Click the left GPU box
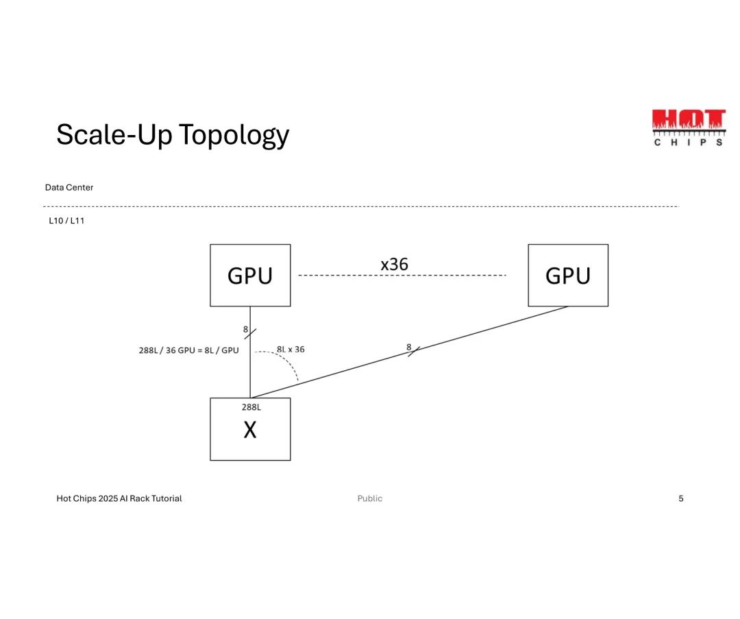point(250,275)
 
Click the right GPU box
point(568,275)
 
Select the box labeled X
point(250,429)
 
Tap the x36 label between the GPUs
point(395,264)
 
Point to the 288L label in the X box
point(251,407)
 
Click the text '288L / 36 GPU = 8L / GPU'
point(189,350)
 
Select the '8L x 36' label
point(291,349)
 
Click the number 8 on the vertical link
point(245,329)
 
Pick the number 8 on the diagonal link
point(409,347)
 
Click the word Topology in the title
point(234,135)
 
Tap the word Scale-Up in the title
point(114,134)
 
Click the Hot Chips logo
point(688,128)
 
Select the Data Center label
point(69,187)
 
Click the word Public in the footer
point(370,498)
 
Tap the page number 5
point(681,498)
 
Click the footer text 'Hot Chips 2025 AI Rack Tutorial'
point(119,498)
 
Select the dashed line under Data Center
point(361,206)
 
